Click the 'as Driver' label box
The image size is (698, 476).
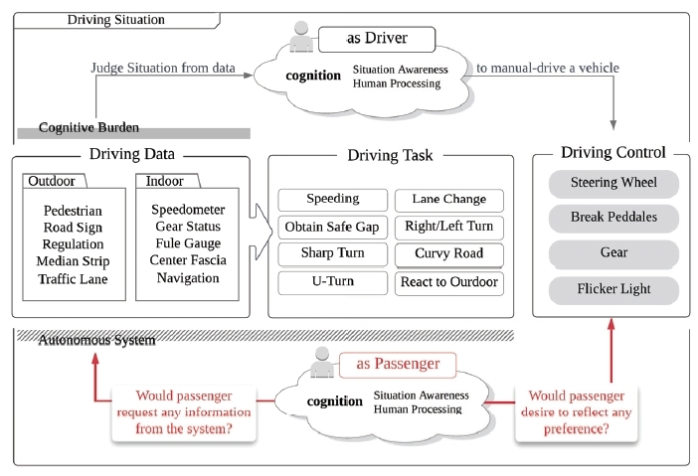point(377,40)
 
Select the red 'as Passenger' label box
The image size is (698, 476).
point(398,364)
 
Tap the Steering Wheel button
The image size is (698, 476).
point(613,184)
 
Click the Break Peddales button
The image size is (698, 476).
point(613,218)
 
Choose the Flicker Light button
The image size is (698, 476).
point(613,290)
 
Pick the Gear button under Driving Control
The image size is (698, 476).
point(613,253)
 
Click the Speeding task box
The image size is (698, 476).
point(332,199)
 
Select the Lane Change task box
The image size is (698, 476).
point(449,199)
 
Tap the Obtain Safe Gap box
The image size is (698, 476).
point(332,227)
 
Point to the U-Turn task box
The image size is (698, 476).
point(332,282)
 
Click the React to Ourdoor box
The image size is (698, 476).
point(449,282)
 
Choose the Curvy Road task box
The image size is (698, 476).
point(449,254)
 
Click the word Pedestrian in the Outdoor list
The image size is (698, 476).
point(73,211)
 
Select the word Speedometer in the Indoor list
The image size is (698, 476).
point(188,210)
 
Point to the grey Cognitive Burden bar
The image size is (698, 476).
point(132,131)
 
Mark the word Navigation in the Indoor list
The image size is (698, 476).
point(188,278)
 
